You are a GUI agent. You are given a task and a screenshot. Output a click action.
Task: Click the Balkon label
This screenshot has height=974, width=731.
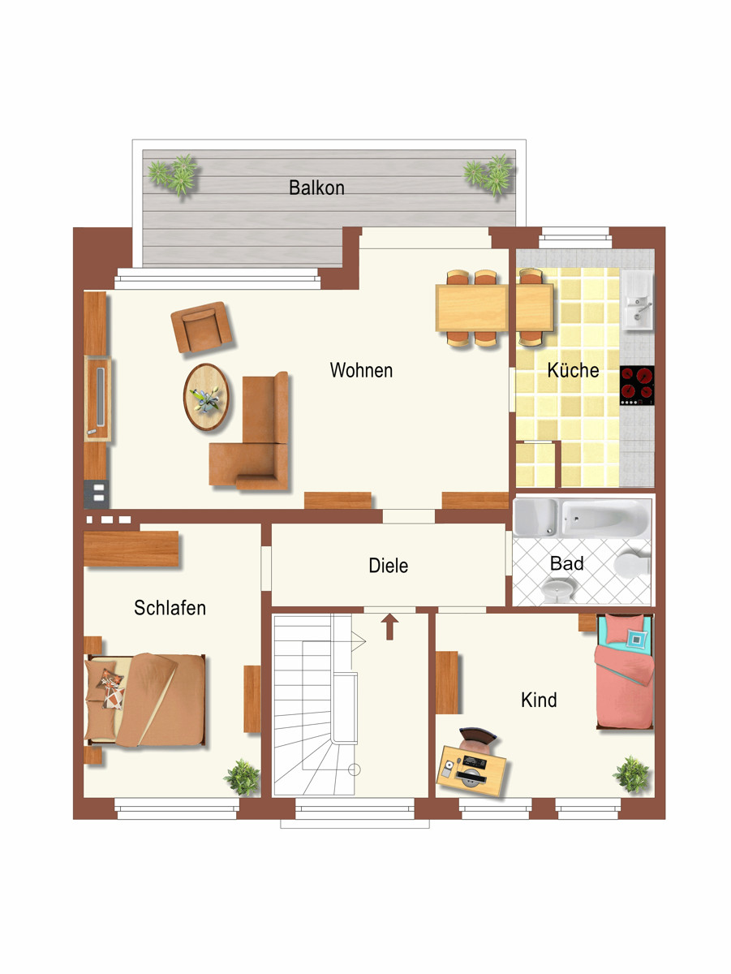coord(316,187)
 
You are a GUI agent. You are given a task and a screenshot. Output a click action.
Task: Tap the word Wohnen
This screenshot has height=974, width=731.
coord(361,370)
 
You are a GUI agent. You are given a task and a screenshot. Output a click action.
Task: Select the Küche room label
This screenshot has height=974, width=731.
coord(573,370)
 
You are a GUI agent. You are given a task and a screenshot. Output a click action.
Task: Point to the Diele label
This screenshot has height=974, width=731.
coord(388,565)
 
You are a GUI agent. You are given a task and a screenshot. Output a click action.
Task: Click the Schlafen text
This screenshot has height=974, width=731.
coord(170,607)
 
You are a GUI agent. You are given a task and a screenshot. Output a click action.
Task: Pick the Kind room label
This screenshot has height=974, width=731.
coord(539,700)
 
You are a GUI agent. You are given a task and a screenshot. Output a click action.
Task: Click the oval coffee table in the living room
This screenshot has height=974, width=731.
coord(206,397)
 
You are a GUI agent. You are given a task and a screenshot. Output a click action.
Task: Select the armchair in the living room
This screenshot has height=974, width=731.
coord(201,327)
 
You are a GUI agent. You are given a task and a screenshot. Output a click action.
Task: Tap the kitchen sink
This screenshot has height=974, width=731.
coord(637,300)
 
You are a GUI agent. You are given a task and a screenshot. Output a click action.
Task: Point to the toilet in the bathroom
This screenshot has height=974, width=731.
coord(632,564)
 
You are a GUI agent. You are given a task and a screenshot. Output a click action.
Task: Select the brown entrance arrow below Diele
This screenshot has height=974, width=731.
coord(389,627)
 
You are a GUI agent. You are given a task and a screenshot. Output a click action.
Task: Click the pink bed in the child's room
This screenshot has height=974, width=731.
coord(625,671)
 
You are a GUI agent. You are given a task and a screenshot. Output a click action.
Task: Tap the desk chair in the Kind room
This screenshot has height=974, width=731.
coord(478,739)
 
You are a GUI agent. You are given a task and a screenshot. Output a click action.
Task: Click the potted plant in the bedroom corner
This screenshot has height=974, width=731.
coord(243,777)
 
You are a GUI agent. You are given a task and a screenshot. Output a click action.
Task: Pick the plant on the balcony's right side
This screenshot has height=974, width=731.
coord(489,175)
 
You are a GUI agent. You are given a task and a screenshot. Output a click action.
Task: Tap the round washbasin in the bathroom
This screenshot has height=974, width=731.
coord(557,591)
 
